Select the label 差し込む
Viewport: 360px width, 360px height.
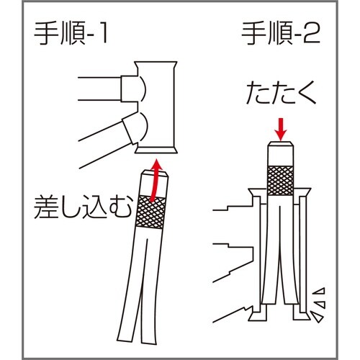coord(73,208)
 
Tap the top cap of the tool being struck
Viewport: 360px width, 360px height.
coord(282,152)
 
